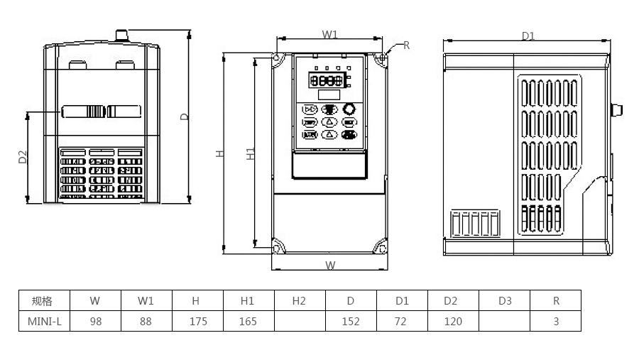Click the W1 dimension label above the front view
coord(329,34)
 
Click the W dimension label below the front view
coord(330,266)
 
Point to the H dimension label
coord(221,153)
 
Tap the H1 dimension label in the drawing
coord(251,153)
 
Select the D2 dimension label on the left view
coord(22,158)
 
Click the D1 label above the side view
coord(528,36)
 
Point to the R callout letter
coord(407,45)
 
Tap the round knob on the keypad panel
coord(349,109)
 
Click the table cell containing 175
coord(198,321)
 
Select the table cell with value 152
coord(351,321)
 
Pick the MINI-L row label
coord(44,321)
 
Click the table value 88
coord(146,321)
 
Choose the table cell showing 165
coord(248,321)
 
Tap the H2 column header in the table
coord(299,300)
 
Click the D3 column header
coord(505,300)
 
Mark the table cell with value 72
coord(400,321)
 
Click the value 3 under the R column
coord(556,321)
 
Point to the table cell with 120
coord(453,321)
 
